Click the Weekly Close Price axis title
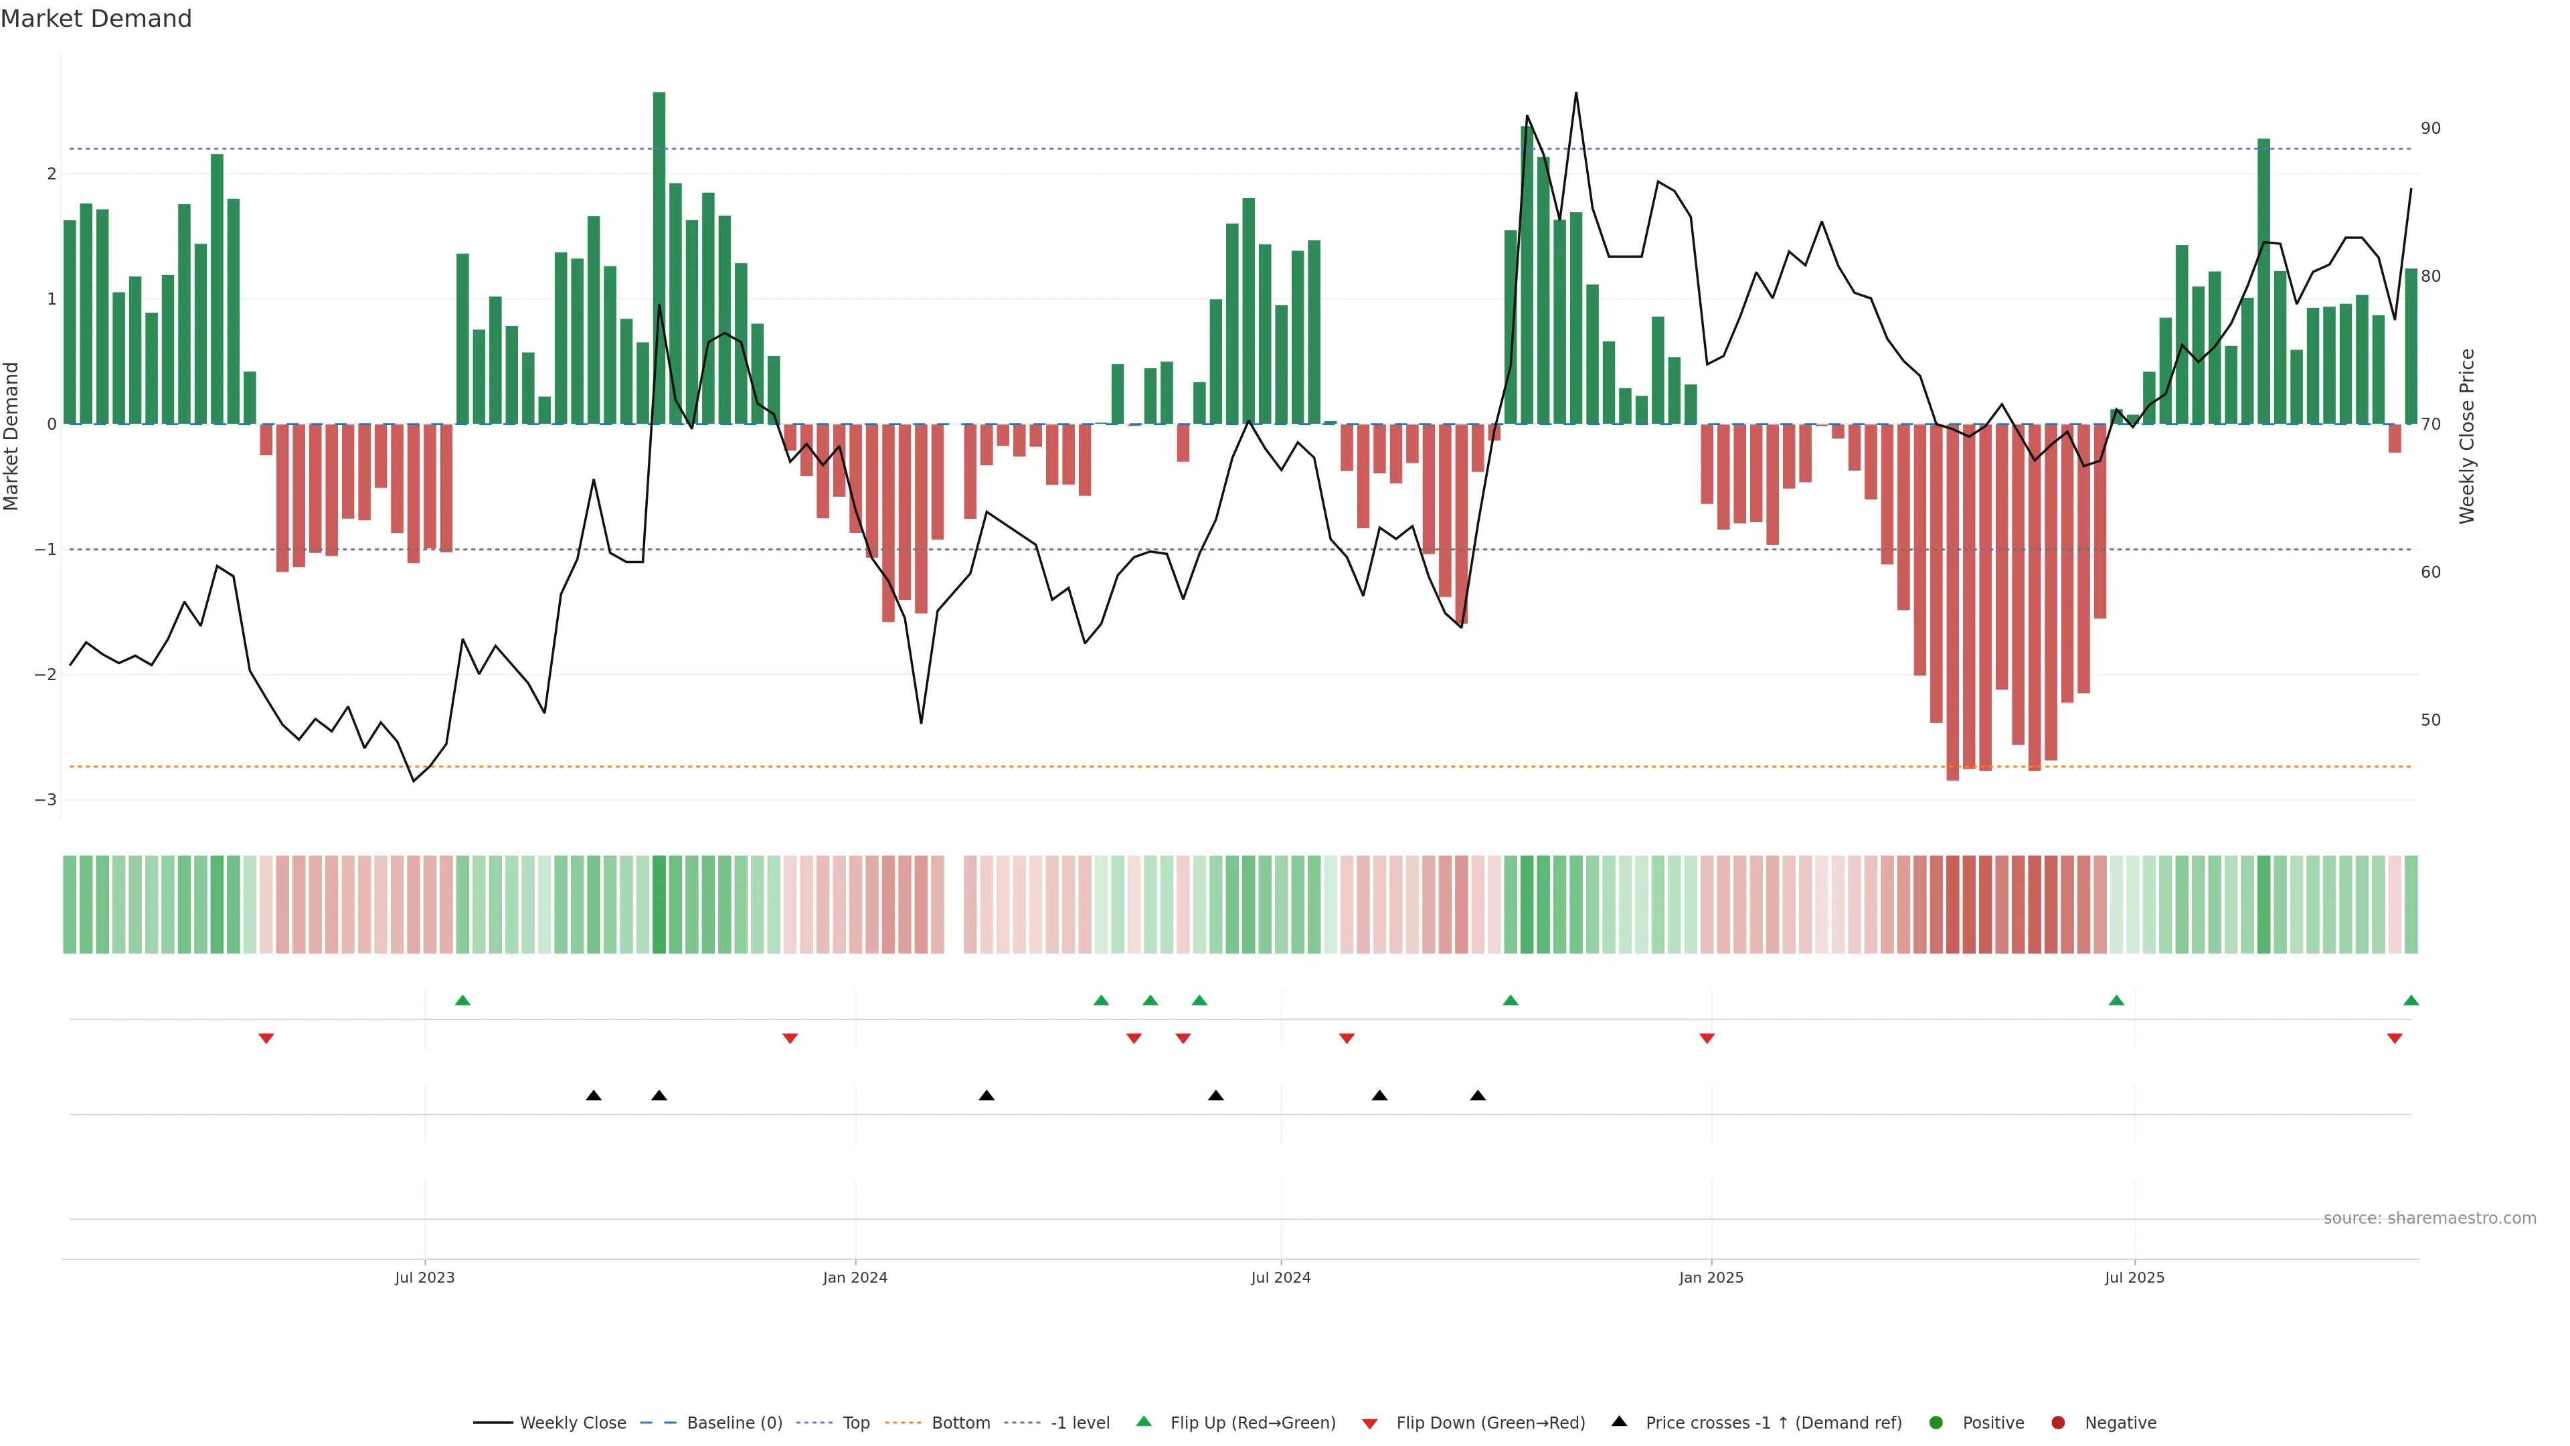click(x=2466, y=436)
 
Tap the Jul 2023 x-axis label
click(x=424, y=1277)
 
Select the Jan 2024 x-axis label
click(x=855, y=1277)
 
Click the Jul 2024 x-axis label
click(x=1281, y=1277)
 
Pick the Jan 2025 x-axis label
click(x=1711, y=1277)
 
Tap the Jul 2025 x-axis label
click(x=2134, y=1277)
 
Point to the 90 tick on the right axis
click(x=2430, y=129)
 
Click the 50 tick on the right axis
click(x=2430, y=720)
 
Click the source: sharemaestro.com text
click(x=2429, y=1218)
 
